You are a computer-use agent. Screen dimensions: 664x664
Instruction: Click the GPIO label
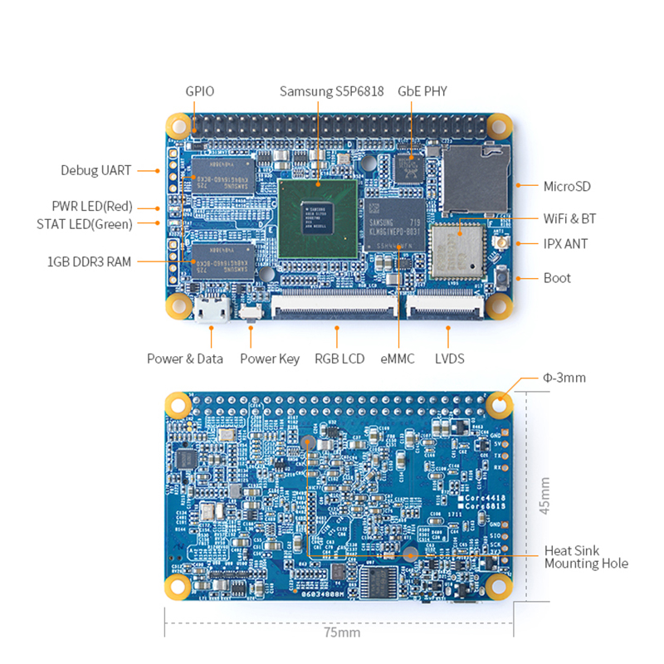(x=199, y=90)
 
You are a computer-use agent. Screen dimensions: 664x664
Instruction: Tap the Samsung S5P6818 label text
(x=331, y=90)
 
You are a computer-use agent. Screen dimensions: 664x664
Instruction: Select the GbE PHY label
(x=422, y=90)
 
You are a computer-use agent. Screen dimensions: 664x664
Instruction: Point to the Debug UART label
(x=95, y=170)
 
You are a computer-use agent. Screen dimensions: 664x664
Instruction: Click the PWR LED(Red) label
(x=104, y=206)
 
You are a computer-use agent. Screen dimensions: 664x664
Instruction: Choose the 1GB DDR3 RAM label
(x=89, y=261)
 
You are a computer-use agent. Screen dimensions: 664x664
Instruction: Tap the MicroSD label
(x=567, y=187)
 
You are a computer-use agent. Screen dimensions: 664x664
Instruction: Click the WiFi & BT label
(x=569, y=219)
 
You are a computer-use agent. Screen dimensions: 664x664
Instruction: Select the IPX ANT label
(x=568, y=244)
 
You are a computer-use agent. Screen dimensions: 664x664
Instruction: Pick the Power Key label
(x=270, y=359)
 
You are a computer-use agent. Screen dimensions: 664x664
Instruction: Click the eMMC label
(x=398, y=359)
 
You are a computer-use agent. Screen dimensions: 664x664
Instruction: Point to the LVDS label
(x=449, y=359)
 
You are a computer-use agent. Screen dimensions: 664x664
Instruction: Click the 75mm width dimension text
(x=341, y=632)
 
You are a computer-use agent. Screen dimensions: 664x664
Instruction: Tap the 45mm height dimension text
(x=544, y=496)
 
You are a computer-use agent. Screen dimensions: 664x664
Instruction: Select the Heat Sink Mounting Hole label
(x=586, y=557)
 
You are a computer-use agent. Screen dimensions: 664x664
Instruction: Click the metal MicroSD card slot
(x=474, y=178)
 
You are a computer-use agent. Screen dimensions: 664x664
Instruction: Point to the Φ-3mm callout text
(x=564, y=378)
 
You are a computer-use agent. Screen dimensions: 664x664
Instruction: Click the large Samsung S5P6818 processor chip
(x=319, y=218)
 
